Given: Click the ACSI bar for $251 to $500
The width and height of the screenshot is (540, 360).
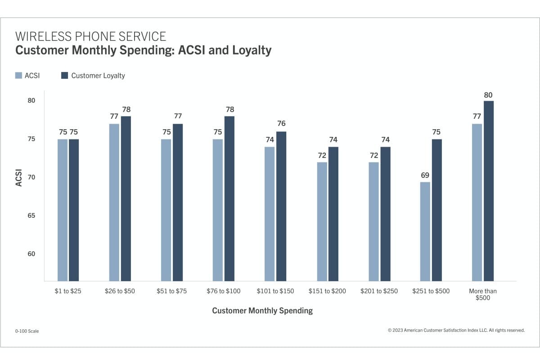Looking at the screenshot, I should pos(425,232).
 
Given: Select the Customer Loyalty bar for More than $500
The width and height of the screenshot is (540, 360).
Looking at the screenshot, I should pos(489,191).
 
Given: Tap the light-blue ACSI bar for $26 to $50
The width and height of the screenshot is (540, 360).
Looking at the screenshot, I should pos(114,202).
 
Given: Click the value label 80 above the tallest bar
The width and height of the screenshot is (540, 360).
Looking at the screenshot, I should pos(488,95).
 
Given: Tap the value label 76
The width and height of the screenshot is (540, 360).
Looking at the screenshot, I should pos(281,124).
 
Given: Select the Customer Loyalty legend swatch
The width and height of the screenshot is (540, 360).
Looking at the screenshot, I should pos(64,76).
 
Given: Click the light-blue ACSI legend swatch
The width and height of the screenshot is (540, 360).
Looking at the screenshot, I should pos(18,76).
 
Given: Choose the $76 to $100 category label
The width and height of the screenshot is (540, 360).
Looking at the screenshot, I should pos(224,291).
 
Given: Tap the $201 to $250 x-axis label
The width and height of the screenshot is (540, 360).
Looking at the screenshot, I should pos(379,291).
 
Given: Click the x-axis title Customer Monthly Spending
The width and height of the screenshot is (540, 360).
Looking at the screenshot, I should pos(262,310).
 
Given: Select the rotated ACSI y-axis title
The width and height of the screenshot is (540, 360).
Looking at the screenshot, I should pos(19,177).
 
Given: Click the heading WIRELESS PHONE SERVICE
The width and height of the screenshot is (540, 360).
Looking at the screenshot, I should pos(91,36).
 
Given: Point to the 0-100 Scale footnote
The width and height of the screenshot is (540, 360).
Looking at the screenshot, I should pos(27,331).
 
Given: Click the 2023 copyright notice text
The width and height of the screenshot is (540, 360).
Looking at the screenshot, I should pos(456,330).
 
